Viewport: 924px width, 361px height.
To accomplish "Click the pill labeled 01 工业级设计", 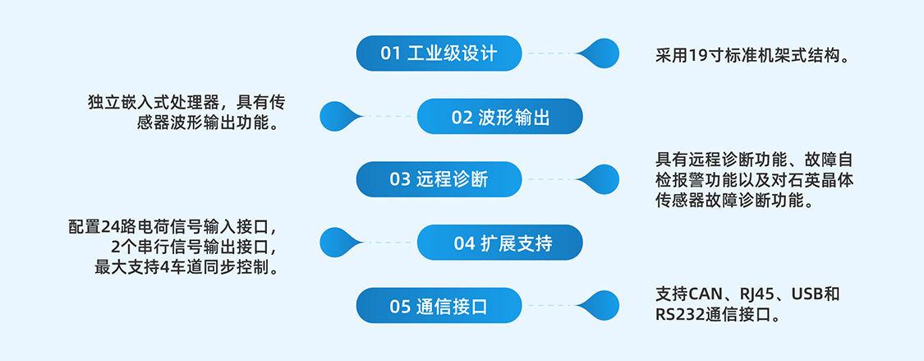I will (x=439, y=53).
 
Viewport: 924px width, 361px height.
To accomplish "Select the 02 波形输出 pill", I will (x=499, y=117).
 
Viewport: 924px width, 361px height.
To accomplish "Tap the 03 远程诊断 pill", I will (x=439, y=179).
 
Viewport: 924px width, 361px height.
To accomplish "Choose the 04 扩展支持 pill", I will (x=499, y=243).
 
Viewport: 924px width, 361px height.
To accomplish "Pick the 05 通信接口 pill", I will (x=439, y=306).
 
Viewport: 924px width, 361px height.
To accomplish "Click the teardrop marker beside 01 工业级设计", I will (x=600, y=53).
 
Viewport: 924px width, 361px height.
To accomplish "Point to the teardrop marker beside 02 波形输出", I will (x=338, y=117).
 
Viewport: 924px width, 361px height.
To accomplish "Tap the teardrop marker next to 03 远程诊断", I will (x=600, y=179).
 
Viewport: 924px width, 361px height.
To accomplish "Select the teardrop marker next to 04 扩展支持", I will (x=338, y=243).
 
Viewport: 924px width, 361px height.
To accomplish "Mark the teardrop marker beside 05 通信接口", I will (x=600, y=306).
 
